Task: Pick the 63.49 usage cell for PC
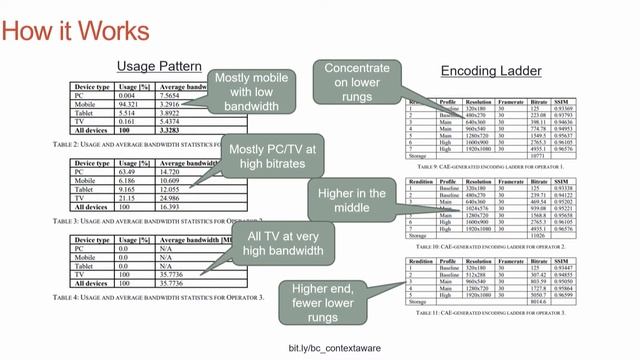(x=127, y=171)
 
